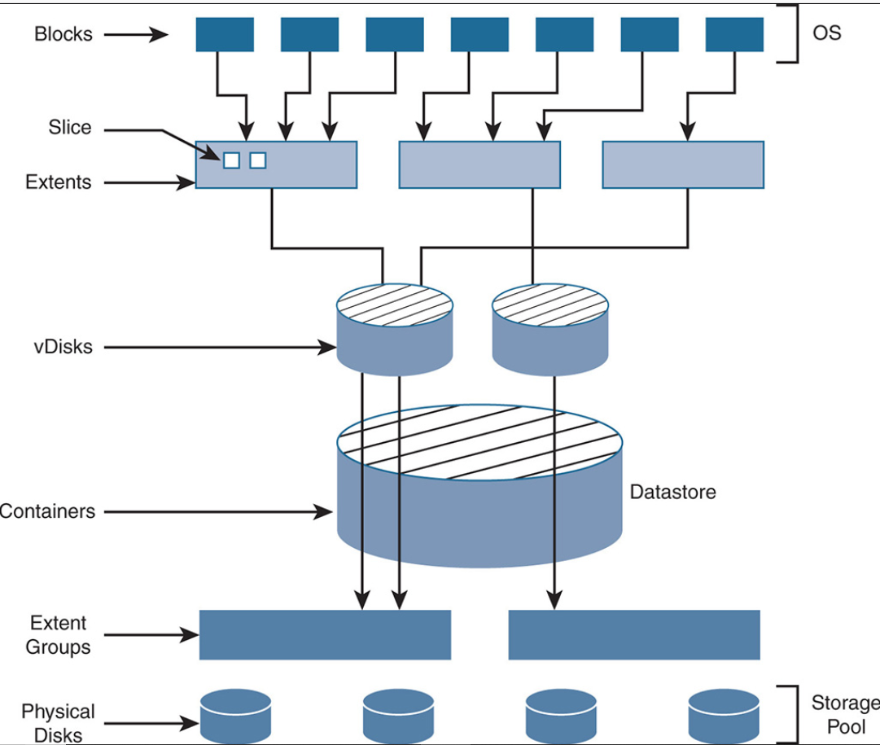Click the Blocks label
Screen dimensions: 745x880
(63, 34)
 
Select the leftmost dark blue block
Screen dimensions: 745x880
(225, 34)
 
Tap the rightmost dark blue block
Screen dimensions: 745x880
(734, 34)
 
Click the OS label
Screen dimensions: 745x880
(826, 33)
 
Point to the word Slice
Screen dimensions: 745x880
(70, 128)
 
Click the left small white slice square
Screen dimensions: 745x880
(231, 160)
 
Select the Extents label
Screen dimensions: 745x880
(59, 182)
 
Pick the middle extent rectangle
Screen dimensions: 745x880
(479, 164)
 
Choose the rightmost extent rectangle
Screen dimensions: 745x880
(683, 164)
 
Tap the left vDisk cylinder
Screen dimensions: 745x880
(395, 334)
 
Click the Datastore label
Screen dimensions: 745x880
(672, 492)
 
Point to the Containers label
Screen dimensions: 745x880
(47, 512)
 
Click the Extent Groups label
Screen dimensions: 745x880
(59, 635)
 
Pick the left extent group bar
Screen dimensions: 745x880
(325, 635)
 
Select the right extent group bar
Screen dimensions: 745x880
(634, 635)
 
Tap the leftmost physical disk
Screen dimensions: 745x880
(236, 713)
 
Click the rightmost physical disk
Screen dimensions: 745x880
(724, 713)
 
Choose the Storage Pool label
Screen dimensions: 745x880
(845, 713)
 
